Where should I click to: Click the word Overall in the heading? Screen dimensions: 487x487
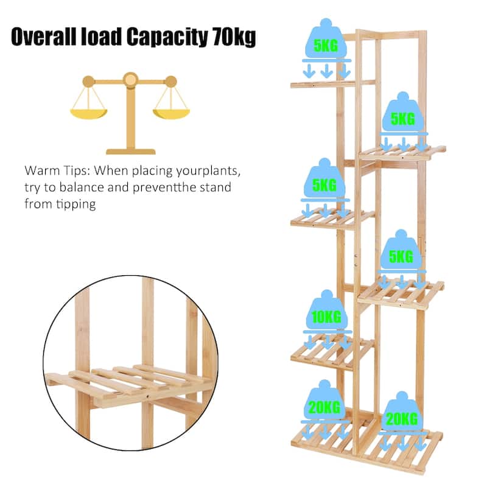click(x=43, y=37)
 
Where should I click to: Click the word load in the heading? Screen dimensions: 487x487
click(x=100, y=37)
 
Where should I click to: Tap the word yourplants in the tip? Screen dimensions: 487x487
click(x=208, y=172)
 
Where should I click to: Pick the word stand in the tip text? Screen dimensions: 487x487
click(x=215, y=187)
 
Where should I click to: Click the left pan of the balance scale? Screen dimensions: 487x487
click(x=88, y=114)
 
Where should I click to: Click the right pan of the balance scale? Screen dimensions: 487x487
click(x=171, y=114)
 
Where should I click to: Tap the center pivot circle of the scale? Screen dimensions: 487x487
click(x=130, y=80)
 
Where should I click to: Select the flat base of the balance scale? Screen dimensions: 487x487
click(x=131, y=152)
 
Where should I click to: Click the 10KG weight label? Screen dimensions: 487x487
click(x=326, y=317)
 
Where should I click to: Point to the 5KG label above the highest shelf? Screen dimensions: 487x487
click(x=326, y=46)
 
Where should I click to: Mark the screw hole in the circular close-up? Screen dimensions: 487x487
click(x=147, y=397)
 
